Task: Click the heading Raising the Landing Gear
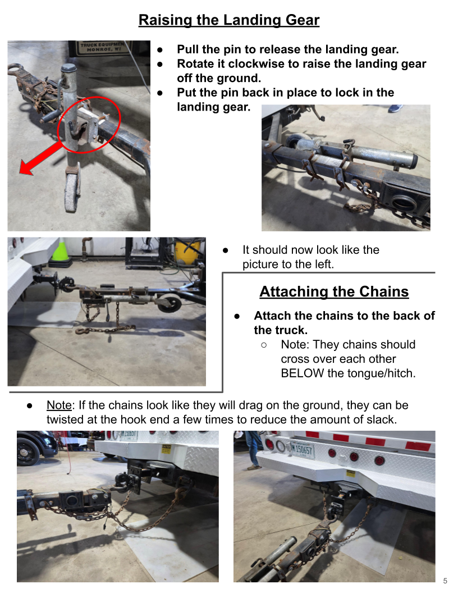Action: pyautogui.click(x=229, y=20)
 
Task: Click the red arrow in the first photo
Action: pyautogui.click(x=42, y=158)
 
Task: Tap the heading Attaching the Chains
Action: pyautogui.click(x=334, y=291)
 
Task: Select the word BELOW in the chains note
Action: pyautogui.click(x=303, y=373)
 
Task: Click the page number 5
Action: pyautogui.click(x=445, y=581)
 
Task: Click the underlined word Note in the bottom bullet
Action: pyautogui.click(x=59, y=405)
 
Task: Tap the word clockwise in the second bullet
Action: pyautogui.click(x=257, y=63)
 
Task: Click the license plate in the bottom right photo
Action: pyautogui.click(x=301, y=450)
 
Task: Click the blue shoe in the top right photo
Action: pyautogui.click(x=395, y=108)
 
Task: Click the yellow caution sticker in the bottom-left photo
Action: pyautogui.click(x=166, y=449)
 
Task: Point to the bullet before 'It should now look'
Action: pyautogui.click(x=226, y=250)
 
